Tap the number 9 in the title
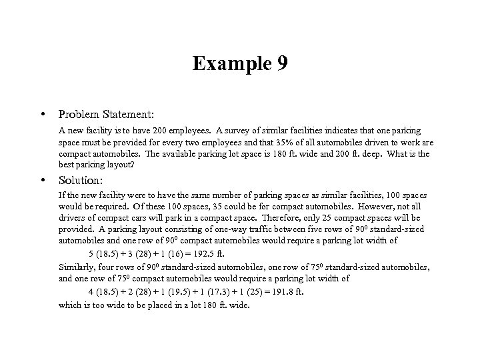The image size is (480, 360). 281,63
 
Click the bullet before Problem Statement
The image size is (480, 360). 43,115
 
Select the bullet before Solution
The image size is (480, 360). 43,180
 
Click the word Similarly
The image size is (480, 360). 77,267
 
